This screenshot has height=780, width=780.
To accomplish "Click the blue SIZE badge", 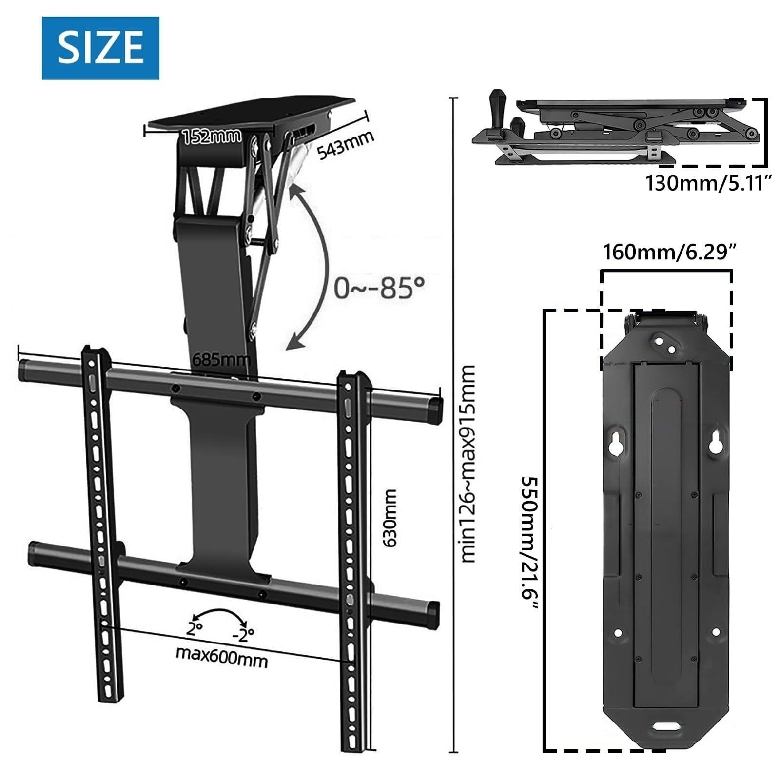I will [100, 48].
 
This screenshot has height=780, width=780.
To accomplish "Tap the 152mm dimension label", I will [212, 136].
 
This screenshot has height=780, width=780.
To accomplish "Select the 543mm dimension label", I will [346, 145].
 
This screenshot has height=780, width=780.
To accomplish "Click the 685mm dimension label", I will [222, 360].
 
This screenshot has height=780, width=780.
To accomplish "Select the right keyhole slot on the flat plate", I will [716, 441].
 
